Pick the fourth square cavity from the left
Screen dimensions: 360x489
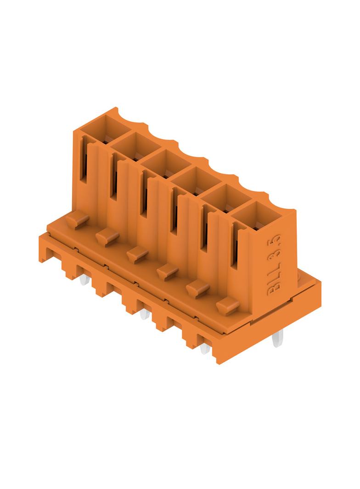196,181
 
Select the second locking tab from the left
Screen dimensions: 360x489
107,237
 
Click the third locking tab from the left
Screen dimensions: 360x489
137,255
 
